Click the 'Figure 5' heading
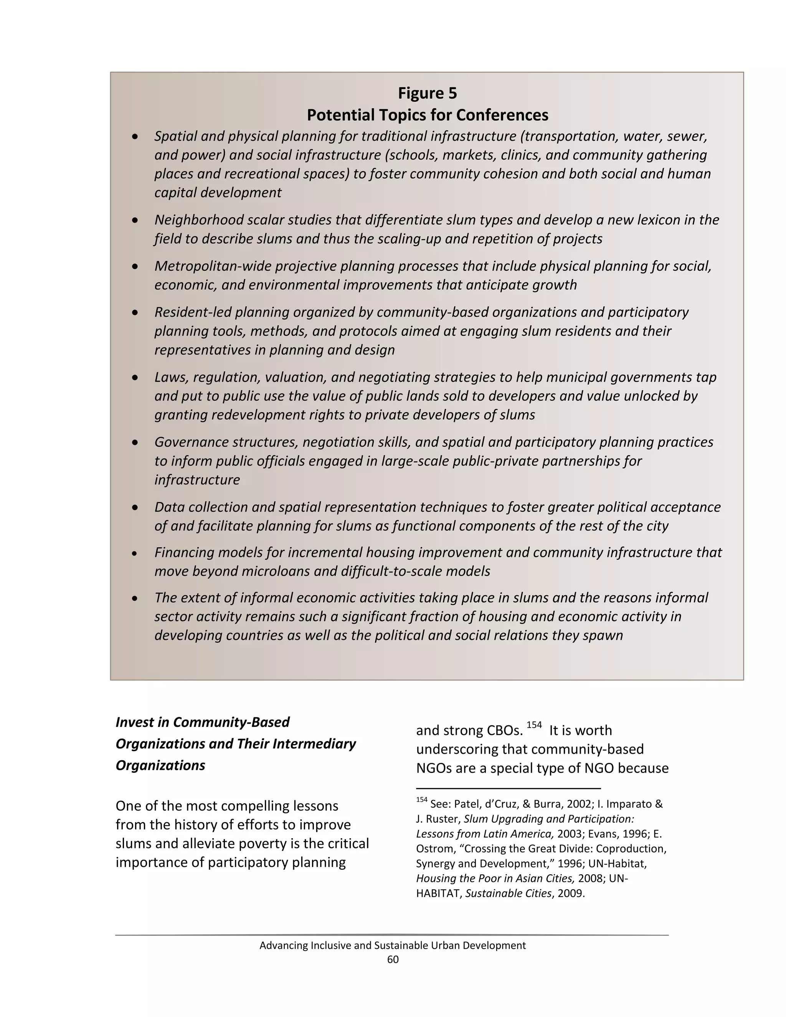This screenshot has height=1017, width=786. click(x=427, y=94)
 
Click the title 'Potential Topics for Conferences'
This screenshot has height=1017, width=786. click(x=427, y=115)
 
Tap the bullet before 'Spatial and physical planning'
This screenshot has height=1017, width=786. click(x=135, y=137)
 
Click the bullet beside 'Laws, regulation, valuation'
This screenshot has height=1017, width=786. click(x=135, y=378)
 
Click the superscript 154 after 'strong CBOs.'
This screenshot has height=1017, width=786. click(x=534, y=725)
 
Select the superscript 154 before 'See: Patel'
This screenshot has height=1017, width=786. click(x=421, y=799)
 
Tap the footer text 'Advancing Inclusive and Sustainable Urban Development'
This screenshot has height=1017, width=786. click(x=393, y=945)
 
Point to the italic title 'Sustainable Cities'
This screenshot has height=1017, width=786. click(x=508, y=893)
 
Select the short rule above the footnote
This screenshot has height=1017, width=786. click(x=508, y=788)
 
